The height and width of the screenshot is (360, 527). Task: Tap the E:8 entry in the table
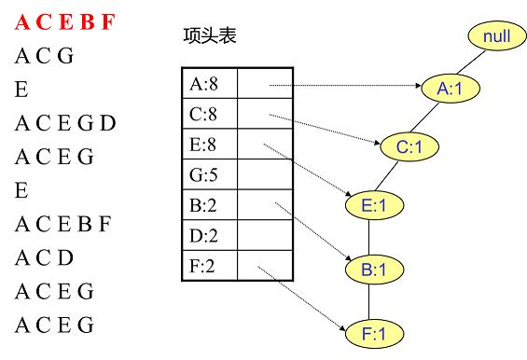click(x=210, y=145)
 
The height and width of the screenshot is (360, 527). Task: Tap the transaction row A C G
click(x=44, y=57)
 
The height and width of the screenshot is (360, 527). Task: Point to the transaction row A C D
click(x=45, y=257)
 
